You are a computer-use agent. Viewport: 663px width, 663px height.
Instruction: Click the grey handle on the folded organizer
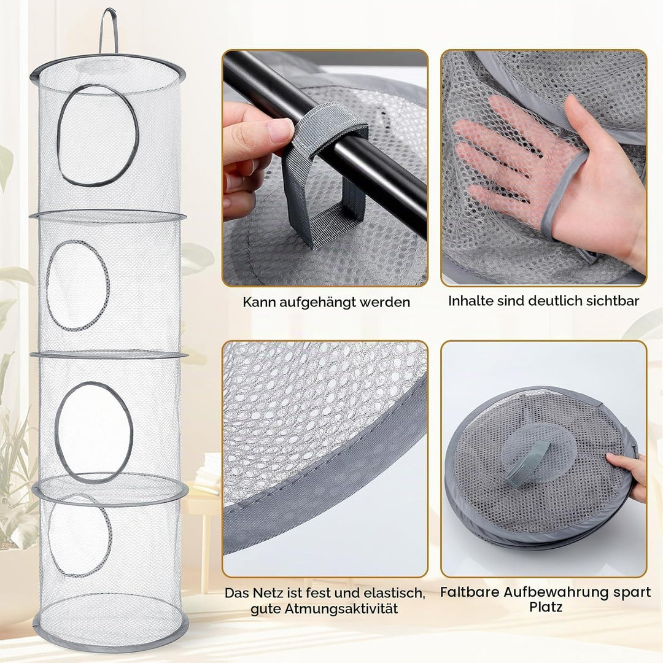[x=529, y=463]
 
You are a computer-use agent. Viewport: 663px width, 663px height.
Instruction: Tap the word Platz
[x=546, y=608]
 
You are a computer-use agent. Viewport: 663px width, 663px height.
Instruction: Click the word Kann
[x=259, y=302]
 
